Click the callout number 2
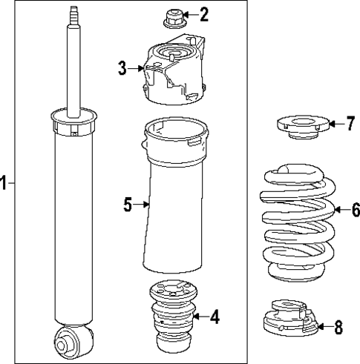click(x=204, y=13)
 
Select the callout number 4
click(x=215, y=318)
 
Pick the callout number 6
click(x=355, y=211)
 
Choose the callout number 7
click(x=350, y=124)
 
